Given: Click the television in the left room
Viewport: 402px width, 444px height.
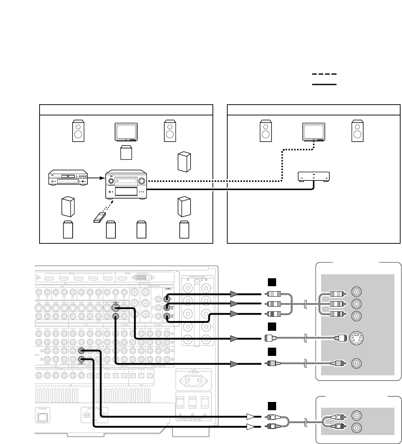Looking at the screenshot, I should (x=126, y=132).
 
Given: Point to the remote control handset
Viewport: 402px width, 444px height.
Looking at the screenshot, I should (x=100, y=218).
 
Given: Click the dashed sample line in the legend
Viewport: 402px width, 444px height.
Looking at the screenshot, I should (x=324, y=74).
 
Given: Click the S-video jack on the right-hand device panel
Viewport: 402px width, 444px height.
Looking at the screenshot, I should (x=356, y=338).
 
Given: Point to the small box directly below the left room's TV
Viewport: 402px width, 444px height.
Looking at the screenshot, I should (x=126, y=153).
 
